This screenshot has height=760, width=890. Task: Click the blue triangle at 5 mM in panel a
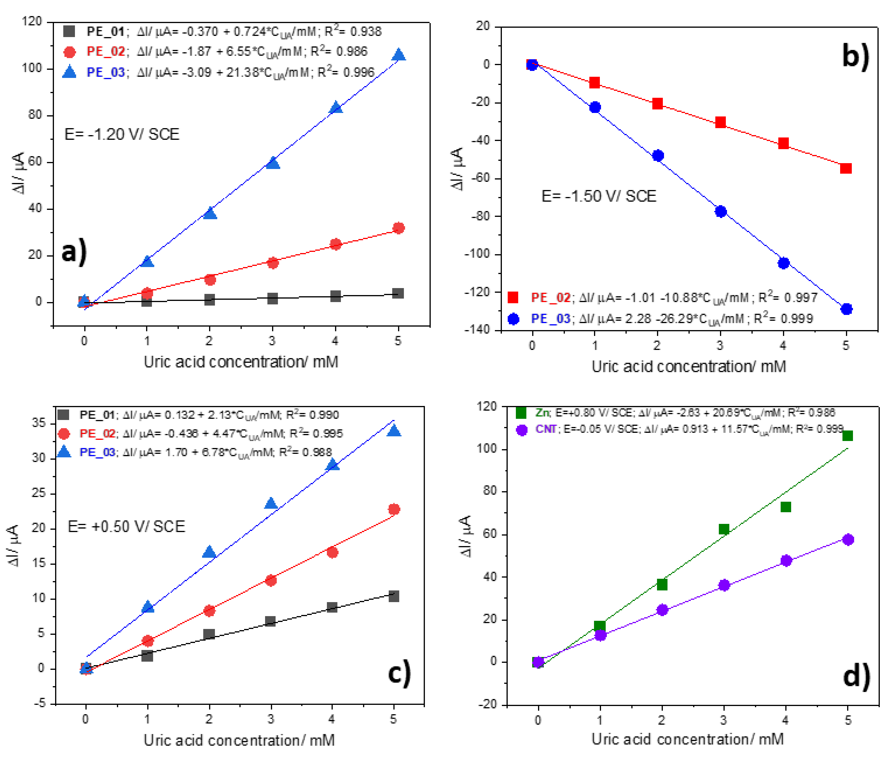399,55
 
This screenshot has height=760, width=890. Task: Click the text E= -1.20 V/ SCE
122,134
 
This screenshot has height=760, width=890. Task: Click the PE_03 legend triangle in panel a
69,72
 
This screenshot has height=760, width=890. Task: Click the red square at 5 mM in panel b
846,168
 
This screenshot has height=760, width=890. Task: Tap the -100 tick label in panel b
477,254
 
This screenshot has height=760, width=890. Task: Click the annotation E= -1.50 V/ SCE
599,196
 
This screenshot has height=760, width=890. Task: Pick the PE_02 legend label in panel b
550,297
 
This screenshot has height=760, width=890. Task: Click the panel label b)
856,56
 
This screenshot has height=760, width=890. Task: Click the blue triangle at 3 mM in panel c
271,503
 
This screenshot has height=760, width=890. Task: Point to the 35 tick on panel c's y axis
39,423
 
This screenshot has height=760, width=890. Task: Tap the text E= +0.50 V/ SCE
126,527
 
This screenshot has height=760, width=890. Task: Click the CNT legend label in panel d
546,429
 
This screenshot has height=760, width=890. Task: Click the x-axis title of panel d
687,739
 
